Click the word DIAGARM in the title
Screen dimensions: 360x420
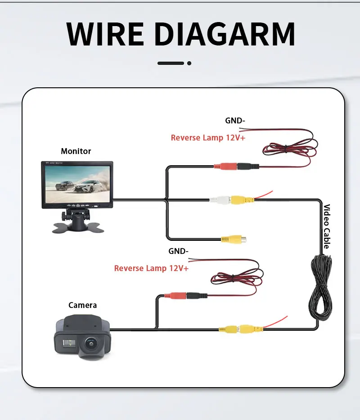225,34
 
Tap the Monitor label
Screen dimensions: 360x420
76,151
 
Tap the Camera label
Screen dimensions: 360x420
82,305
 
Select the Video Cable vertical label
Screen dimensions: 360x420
327,226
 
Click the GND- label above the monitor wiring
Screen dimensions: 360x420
235,121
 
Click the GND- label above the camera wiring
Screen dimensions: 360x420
178,251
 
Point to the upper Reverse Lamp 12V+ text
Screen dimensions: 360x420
208,138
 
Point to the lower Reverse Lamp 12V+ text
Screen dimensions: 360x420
151,268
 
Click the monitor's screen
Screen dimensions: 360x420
77,184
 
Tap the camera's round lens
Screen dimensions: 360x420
91,343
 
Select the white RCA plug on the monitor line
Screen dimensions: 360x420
220,200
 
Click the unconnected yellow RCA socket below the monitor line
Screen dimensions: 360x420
233,239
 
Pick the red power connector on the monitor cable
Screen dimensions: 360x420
225,167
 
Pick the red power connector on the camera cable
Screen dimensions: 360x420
175,296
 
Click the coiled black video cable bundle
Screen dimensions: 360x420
321,287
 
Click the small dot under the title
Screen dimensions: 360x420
189,63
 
